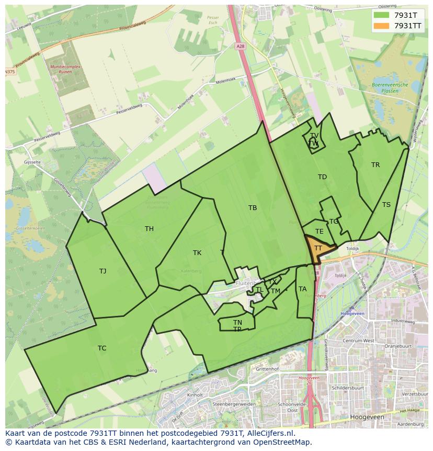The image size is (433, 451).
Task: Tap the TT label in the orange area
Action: [318, 248]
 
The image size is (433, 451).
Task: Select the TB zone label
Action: [253, 208]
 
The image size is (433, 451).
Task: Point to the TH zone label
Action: [149, 229]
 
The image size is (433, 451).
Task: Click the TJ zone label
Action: [102, 271]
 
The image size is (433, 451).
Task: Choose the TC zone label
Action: [102, 348]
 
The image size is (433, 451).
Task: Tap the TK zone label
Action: [197, 253]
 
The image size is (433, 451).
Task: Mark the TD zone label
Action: [322, 177]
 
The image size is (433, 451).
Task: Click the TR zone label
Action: [375, 165]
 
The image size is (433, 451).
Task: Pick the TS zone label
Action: [386, 205]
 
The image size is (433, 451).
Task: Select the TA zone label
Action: [302, 289]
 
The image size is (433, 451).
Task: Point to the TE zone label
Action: [320, 232]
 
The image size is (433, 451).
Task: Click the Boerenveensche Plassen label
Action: [385, 87]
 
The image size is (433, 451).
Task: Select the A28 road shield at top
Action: [255, 46]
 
